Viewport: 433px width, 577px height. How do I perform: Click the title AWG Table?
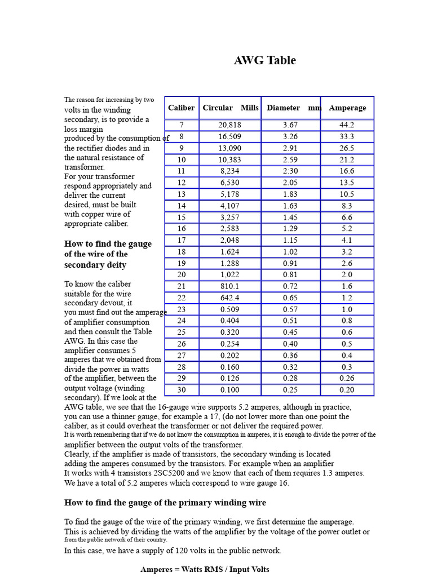click(x=264, y=61)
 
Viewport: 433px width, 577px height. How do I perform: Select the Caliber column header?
click(x=181, y=108)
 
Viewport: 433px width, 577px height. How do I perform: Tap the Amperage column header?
click(x=347, y=108)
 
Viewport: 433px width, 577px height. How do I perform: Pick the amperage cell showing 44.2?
click(x=347, y=125)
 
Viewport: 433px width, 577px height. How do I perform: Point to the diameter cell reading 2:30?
click(x=290, y=171)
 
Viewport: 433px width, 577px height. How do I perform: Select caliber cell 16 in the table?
click(x=181, y=229)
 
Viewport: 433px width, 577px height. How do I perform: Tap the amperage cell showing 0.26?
click(x=347, y=379)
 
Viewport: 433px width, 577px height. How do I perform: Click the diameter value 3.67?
click(x=290, y=125)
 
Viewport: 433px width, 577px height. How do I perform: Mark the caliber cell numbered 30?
click(x=181, y=390)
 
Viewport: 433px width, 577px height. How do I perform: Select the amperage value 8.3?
click(x=347, y=206)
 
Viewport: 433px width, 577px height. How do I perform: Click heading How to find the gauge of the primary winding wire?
click(x=165, y=503)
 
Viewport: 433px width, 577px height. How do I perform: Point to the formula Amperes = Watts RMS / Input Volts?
click(x=205, y=570)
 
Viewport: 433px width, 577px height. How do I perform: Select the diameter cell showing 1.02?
click(x=290, y=252)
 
